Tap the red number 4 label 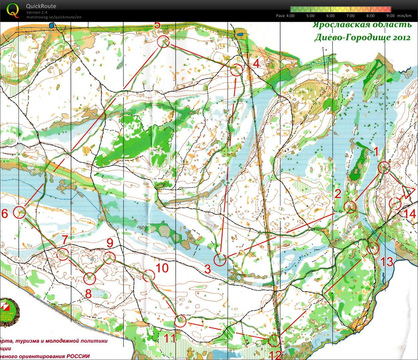(256, 63)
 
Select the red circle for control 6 (20, 212)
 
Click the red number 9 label (110, 244)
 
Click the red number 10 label (162, 268)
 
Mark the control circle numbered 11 (180, 321)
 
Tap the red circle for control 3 (220, 260)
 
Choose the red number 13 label (387, 262)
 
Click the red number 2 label (338, 194)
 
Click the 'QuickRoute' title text (41, 6)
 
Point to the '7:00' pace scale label (351, 16)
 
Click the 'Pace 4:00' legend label (285, 16)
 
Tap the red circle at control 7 (63, 254)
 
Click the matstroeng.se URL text (54, 17)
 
